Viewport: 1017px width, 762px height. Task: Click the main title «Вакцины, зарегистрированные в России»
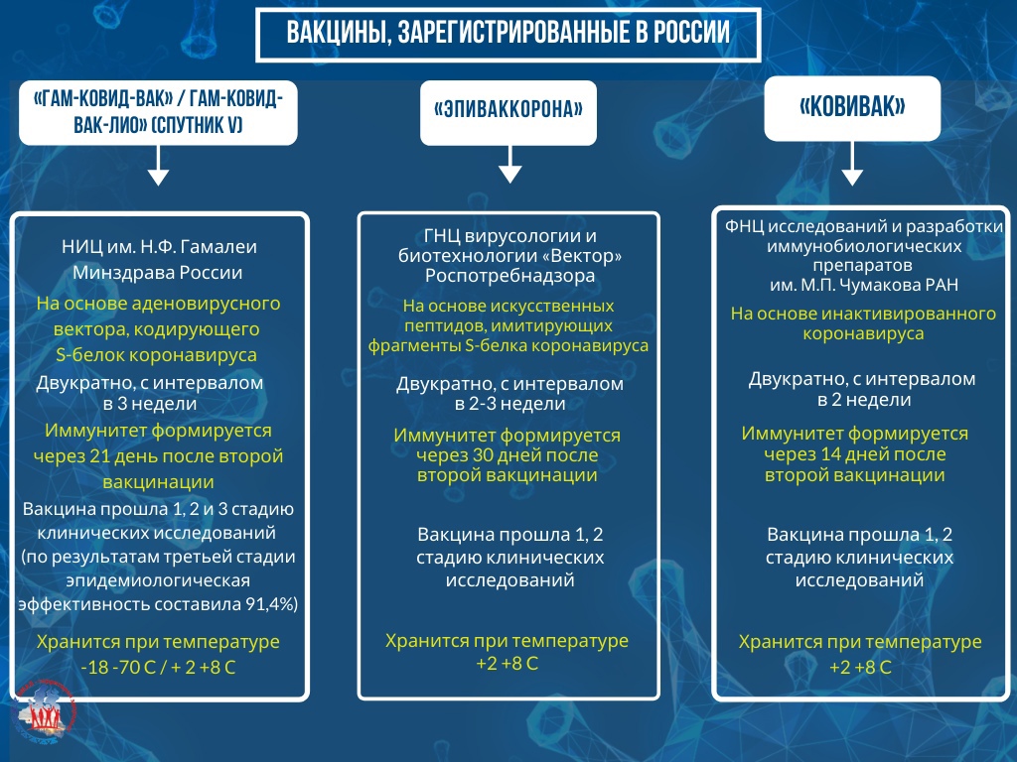[508, 33]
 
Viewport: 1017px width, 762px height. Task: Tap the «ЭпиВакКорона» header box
[508, 112]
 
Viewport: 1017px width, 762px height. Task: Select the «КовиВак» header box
[852, 108]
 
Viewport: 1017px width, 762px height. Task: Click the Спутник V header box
[158, 112]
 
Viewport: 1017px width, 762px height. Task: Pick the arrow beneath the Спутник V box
[158, 166]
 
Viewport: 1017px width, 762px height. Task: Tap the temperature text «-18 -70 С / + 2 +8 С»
[158, 668]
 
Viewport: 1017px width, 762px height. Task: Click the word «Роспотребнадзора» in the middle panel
[509, 276]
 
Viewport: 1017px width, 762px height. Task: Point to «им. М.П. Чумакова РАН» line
[863, 285]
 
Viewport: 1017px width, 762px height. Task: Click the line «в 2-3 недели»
[509, 404]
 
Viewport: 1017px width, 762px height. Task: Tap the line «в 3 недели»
[150, 404]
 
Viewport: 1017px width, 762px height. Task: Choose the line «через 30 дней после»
[508, 454]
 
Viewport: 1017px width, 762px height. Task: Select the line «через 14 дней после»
[855, 454]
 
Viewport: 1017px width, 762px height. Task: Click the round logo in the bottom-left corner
[44, 712]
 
